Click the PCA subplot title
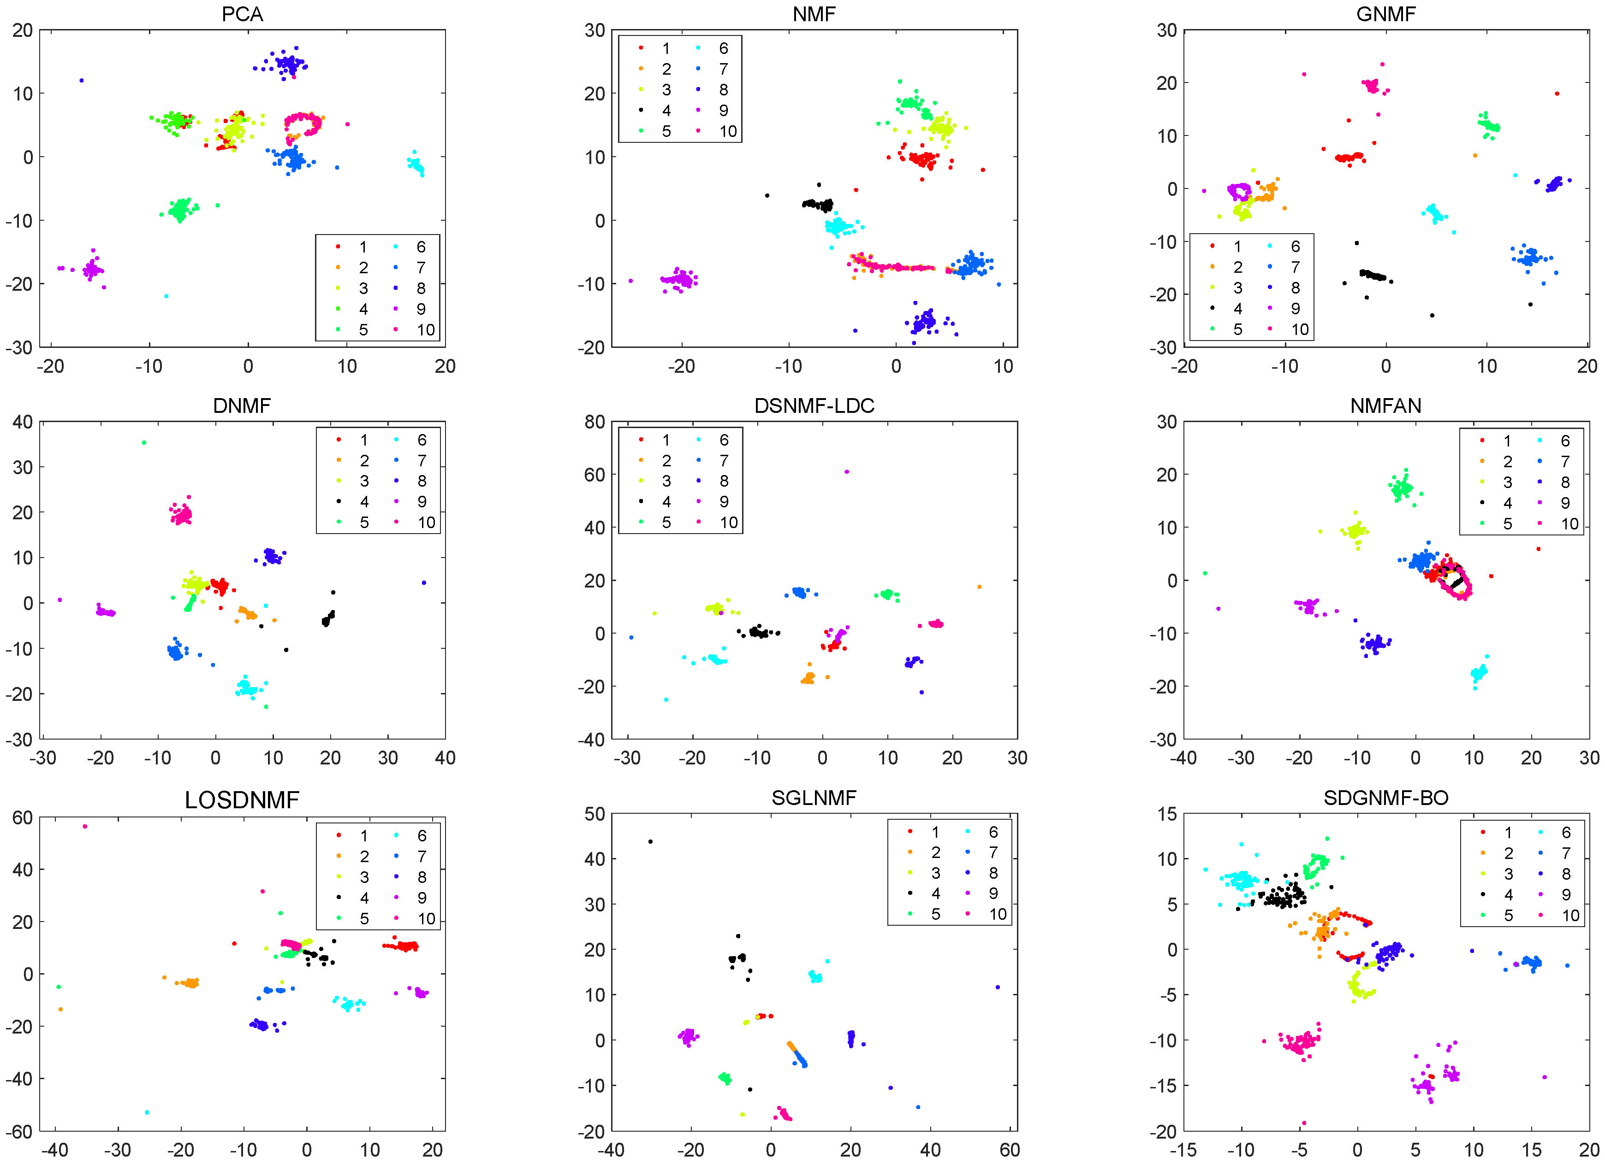[x=242, y=14]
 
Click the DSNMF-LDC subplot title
[x=814, y=405]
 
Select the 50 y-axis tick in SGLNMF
[x=594, y=814]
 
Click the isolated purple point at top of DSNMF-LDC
[x=846, y=471]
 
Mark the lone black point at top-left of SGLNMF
[x=650, y=841]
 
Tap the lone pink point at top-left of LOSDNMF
[x=85, y=827]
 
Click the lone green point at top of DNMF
[x=144, y=442]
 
